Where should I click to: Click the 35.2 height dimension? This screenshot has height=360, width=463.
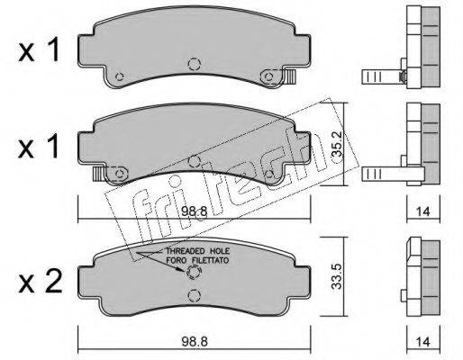coord(337,145)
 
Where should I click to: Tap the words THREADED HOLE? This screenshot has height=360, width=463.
coord(198,251)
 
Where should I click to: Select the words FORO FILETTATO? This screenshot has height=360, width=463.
coord(197,260)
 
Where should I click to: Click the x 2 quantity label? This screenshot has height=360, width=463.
coord(41,282)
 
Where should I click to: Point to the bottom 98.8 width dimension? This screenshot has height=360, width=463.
coord(195,342)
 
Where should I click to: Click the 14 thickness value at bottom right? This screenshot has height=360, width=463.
coord(422,342)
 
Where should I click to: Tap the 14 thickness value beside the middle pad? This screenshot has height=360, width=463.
coord(422,211)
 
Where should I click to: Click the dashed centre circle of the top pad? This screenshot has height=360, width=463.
coord(195,64)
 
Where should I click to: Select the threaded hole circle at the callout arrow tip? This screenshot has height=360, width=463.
coord(194,273)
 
